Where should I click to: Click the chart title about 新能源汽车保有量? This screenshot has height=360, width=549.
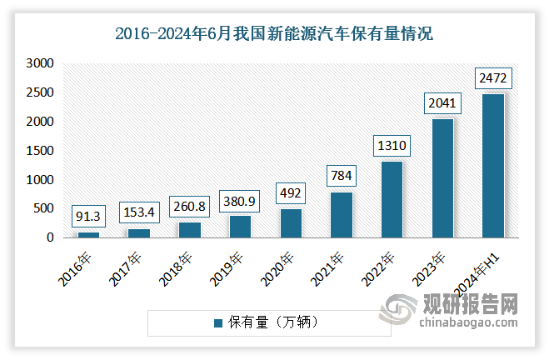(274, 35)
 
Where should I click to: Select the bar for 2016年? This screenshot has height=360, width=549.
(89, 235)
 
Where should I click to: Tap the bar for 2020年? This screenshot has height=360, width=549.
(291, 223)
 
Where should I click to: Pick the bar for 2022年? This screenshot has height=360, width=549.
(392, 200)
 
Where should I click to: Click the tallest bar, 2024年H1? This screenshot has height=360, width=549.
(492, 166)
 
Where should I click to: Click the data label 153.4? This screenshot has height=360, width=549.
(139, 212)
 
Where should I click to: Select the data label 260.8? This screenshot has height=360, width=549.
(190, 206)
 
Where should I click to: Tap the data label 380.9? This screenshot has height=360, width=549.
(240, 199)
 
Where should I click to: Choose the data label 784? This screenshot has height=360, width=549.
(342, 176)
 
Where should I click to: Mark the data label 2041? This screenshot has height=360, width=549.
(442, 103)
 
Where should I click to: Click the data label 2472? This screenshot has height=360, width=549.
(492, 78)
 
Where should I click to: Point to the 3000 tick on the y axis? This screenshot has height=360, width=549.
(40, 63)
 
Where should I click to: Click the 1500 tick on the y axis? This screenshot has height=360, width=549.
(40, 151)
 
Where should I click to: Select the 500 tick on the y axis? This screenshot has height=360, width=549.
(43, 209)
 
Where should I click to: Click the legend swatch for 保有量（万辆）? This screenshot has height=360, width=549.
(218, 322)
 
